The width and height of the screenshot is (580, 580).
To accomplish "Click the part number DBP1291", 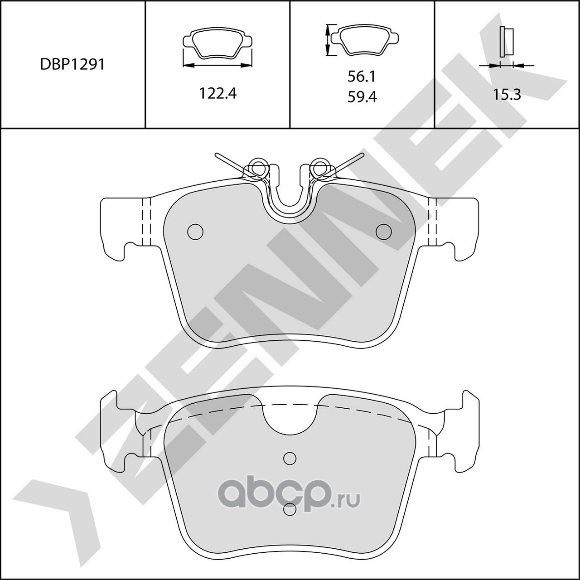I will (x=72, y=65).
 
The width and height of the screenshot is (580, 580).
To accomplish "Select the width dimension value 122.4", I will (x=217, y=93).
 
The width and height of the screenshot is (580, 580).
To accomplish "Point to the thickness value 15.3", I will (x=507, y=95).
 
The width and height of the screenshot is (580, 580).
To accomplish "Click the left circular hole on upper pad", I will (x=195, y=232).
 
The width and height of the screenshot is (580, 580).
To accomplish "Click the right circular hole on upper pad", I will (x=383, y=232).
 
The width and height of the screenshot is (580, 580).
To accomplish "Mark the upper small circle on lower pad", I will (x=290, y=458).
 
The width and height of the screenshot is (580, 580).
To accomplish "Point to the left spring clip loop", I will (x=259, y=166).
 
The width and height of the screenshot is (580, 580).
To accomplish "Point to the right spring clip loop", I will (x=320, y=166).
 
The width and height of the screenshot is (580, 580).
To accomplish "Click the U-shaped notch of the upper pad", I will (x=290, y=195).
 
